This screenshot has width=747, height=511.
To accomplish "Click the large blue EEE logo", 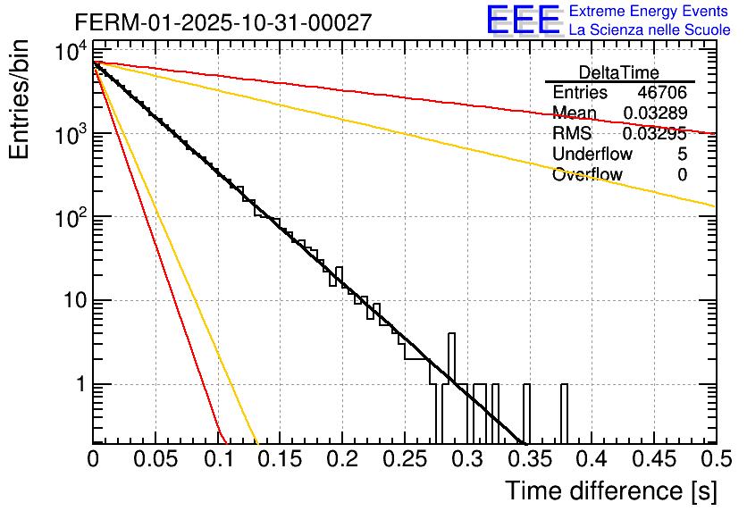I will pos(523,21).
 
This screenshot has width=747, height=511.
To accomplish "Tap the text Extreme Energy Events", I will pos(649,12).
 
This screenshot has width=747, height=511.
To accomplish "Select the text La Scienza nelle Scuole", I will pos(650,29).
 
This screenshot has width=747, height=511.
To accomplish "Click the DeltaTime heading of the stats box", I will pos(619,72).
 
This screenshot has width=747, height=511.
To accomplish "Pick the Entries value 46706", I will pos(662,93).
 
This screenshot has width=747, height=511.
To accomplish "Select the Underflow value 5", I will pos(682,155).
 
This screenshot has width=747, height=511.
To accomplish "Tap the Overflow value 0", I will pos(682,175).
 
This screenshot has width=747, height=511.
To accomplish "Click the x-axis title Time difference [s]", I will pos(609,490).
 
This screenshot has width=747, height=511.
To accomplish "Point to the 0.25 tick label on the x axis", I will pos(404,459).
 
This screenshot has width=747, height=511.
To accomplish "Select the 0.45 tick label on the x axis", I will pos(653,459).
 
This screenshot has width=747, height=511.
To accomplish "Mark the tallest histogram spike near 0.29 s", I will pos(451,357).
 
